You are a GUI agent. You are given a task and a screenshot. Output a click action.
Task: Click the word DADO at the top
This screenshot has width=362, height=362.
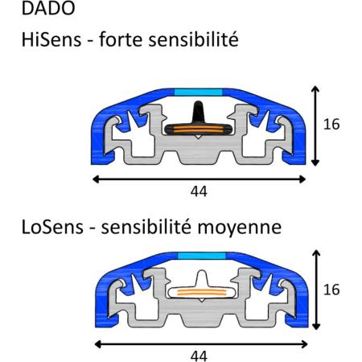48,8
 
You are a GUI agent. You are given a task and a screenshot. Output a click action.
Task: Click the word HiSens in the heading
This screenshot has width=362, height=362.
51,39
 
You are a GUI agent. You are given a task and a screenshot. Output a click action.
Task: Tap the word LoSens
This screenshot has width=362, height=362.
52,227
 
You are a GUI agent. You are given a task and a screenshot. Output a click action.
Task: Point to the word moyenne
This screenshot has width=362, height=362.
240,228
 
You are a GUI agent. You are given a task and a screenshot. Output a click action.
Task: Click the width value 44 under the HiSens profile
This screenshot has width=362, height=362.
199,191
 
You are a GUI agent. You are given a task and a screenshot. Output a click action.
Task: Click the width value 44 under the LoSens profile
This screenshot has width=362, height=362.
199,356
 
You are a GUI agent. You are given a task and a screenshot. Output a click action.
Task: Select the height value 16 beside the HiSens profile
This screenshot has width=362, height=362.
331,124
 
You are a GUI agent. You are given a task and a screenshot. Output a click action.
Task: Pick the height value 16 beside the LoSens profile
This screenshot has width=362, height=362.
331,290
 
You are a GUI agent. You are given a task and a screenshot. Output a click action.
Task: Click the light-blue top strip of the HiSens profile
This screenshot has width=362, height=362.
199,93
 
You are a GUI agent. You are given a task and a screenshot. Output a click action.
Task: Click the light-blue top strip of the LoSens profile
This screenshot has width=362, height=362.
202,256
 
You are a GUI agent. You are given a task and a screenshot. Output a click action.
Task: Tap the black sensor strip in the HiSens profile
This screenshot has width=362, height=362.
199,130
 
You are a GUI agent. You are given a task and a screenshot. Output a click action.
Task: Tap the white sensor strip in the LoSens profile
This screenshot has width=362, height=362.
202,292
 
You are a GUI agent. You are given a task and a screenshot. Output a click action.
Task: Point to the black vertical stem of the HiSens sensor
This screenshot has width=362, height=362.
199,112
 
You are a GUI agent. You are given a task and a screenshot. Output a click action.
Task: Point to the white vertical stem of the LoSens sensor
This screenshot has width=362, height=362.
202,278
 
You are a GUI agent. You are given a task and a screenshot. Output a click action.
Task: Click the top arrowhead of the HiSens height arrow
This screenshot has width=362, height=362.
315,89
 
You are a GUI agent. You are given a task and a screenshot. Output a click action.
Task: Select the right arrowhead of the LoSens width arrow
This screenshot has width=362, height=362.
304,344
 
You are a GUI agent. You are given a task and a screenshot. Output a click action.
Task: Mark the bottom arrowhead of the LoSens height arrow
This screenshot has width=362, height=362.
317,327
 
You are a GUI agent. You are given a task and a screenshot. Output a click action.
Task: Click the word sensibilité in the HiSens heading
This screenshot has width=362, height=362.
193,39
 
